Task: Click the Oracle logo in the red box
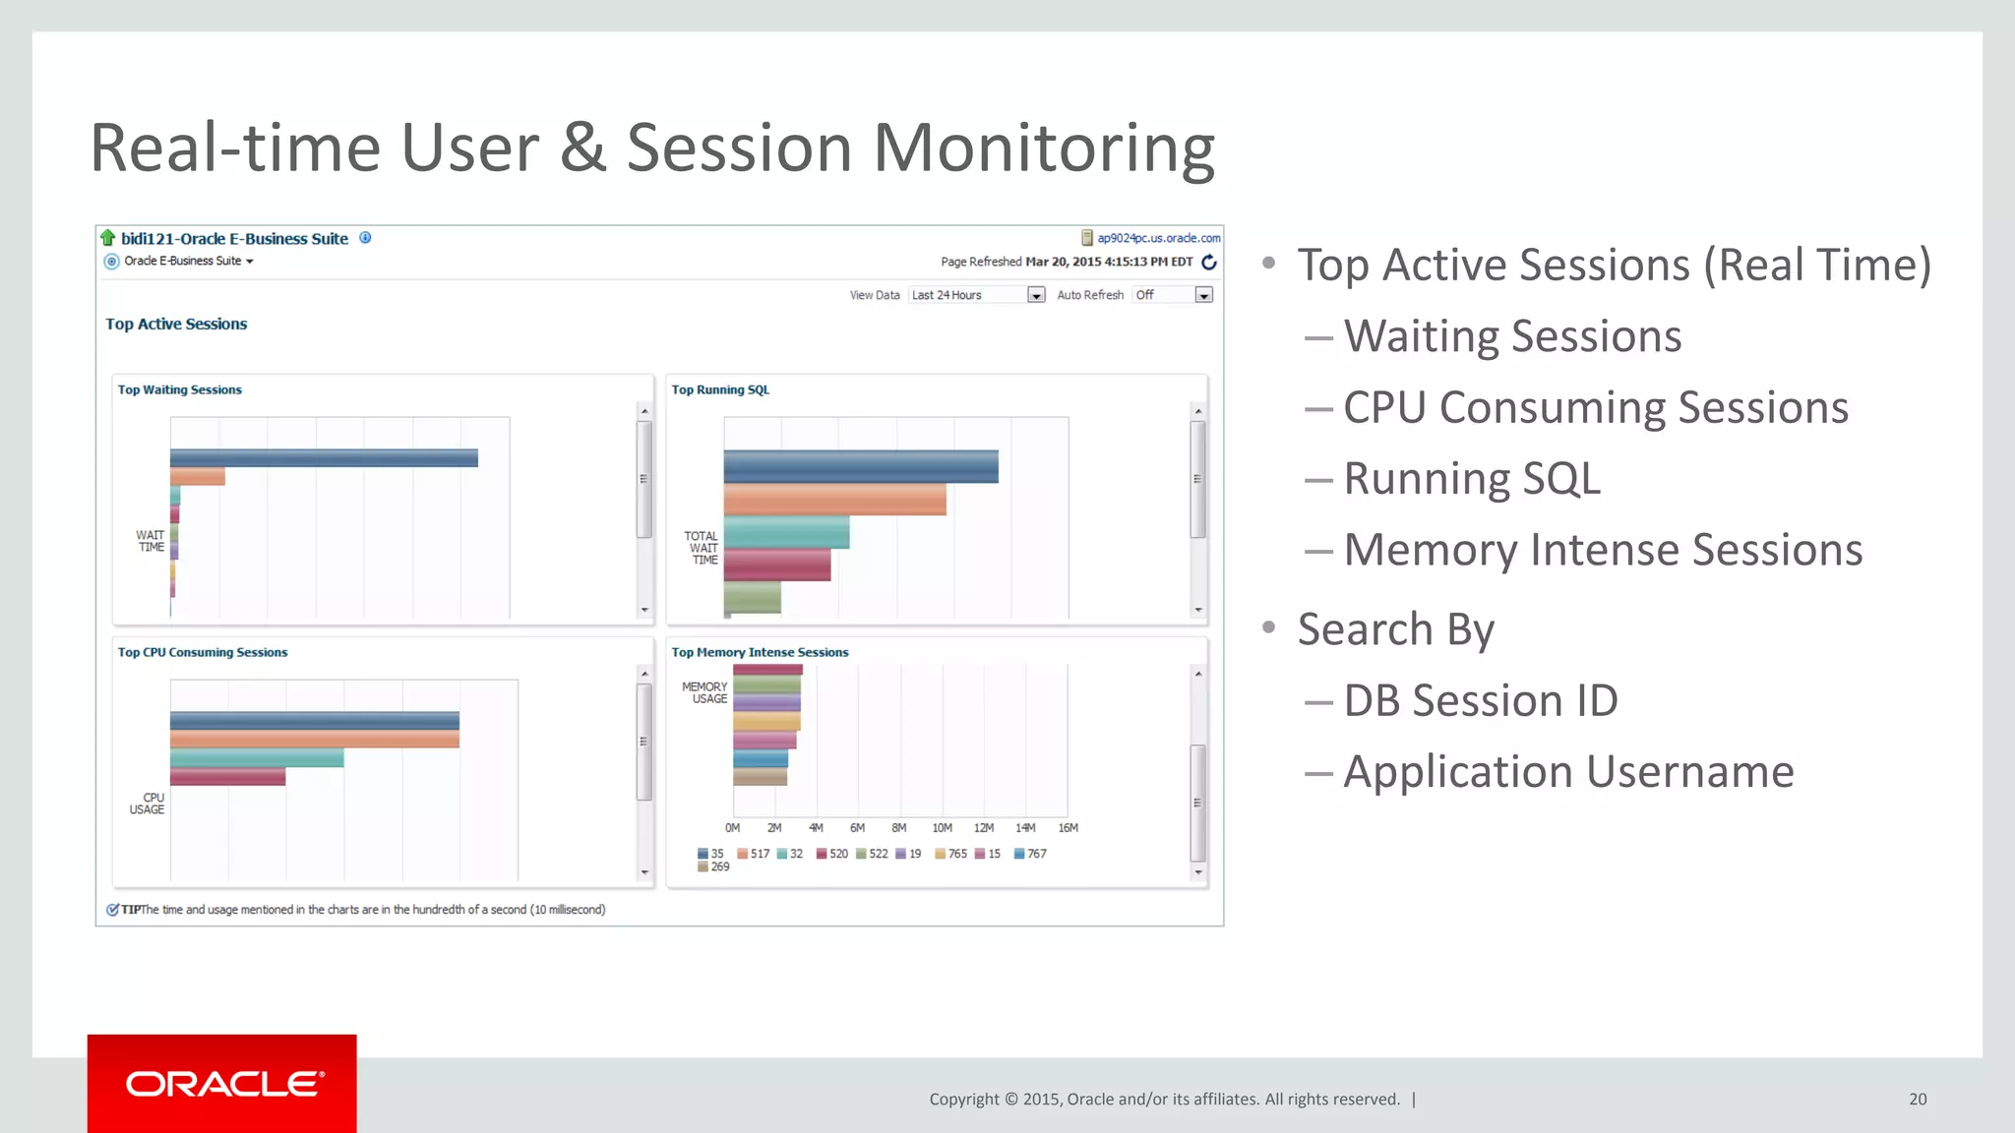click(x=223, y=1084)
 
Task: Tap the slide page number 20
click(x=1917, y=1100)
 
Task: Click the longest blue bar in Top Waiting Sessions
click(x=324, y=458)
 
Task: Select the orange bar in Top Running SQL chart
click(x=834, y=500)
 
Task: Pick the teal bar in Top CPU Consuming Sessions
click(x=257, y=758)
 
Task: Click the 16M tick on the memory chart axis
click(x=1068, y=828)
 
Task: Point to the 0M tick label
click(x=732, y=828)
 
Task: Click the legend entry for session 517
click(x=754, y=854)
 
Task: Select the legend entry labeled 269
click(x=714, y=867)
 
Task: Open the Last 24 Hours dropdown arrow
click(x=1036, y=295)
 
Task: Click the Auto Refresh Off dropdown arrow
click(x=1203, y=295)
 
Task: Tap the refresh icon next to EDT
click(x=1209, y=262)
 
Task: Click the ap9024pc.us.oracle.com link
click(x=1158, y=238)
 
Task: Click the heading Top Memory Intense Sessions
click(x=760, y=652)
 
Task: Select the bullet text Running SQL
click(x=1472, y=479)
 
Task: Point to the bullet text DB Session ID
click(x=1480, y=701)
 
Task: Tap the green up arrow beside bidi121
click(x=108, y=238)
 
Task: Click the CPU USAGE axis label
click(x=148, y=804)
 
